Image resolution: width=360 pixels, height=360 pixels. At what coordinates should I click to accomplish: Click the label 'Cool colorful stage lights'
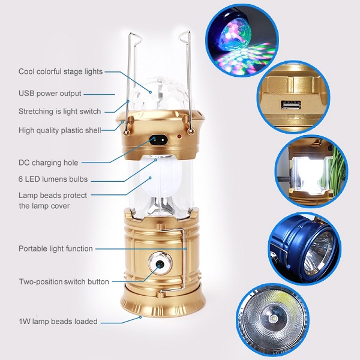pyautogui.click(x=61, y=71)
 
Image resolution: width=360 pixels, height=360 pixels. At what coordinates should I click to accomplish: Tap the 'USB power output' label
pyautogui.click(x=50, y=94)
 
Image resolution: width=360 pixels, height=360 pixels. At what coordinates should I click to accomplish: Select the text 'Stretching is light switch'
pyautogui.click(x=59, y=112)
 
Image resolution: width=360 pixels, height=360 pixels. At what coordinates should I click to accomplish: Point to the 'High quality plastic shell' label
pyautogui.click(x=59, y=130)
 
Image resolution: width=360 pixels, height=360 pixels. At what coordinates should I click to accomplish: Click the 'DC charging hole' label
pyautogui.click(x=49, y=163)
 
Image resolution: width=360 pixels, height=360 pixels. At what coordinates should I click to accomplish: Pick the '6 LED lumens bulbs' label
pyautogui.click(x=53, y=179)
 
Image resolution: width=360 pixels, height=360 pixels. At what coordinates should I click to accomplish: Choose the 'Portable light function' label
pyautogui.click(x=56, y=248)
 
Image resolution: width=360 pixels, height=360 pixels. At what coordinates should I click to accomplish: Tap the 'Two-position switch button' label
pyautogui.click(x=64, y=282)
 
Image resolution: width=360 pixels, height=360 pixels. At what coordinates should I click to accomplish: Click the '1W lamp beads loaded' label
pyautogui.click(x=58, y=322)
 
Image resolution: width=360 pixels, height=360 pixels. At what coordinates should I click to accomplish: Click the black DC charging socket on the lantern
pyautogui.click(x=157, y=140)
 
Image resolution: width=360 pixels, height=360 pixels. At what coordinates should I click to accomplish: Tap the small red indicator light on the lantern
pyautogui.click(x=179, y=137)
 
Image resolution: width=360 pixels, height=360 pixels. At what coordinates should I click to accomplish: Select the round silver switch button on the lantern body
pyautogui.click(x=160, y=264)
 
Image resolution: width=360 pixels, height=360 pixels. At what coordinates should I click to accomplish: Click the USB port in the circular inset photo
pyautogui.click(x=290, y=106)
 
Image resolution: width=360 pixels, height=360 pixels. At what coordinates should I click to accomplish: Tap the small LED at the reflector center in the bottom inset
pyautogui.click(x=274, y=319)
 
